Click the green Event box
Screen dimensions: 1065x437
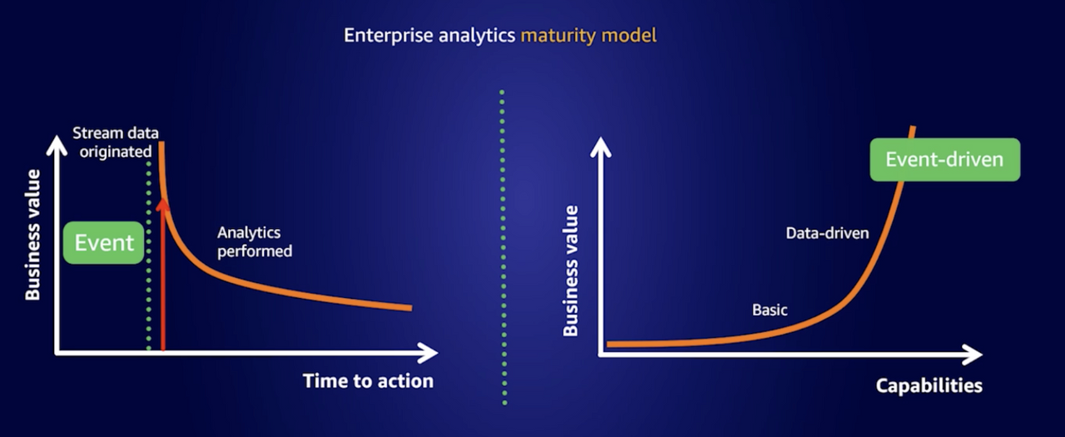(104, 242)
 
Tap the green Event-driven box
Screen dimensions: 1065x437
(944, 159)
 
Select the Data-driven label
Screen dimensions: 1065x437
(827, 233)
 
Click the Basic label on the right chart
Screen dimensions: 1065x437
(770, 310)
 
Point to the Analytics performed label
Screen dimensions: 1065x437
(255, 242)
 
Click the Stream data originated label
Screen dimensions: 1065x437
(116, 142)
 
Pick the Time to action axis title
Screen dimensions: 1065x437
(369, 381)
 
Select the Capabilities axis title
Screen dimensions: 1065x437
(929, 385)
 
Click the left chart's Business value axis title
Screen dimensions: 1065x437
(32, 235)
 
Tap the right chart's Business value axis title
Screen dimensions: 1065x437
(570, 271)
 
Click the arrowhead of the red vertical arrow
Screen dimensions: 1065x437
(162, 205)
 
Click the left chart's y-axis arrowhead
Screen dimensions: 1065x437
(57, 145)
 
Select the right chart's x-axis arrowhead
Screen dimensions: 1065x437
(973, 355)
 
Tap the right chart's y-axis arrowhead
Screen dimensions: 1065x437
(601, 146)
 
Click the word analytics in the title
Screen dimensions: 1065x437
(477, 36)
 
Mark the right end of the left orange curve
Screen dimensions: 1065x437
(411, 308)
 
